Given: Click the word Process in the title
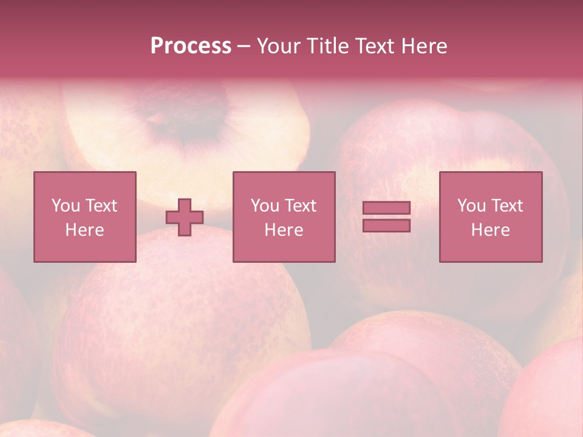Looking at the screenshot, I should pos(191,46).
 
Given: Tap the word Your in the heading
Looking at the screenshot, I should pos(279,46).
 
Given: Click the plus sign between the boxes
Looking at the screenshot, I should pos(185,217).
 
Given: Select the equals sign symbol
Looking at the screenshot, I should pos(386,217).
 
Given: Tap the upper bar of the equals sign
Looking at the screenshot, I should pos(386,208).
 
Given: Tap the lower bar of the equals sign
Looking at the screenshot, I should pos(386,225).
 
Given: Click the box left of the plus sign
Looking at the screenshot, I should pos(84,217).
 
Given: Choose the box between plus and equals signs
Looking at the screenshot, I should pos(284,217).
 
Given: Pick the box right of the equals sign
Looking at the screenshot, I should pos(490,217).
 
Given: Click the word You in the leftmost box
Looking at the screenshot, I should pos(66,206).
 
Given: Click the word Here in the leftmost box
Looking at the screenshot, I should pos(84,230).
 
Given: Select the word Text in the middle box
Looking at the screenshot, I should pos(301,206).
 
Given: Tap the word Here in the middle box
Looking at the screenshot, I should pos(284,230).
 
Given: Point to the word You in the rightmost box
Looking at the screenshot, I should pos(471,206).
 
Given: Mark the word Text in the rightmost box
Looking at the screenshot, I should pos(507,206).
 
